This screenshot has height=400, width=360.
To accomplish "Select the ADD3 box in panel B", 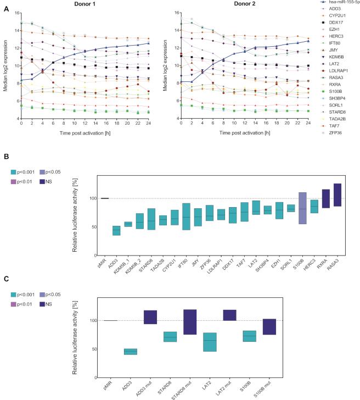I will point(116,230).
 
